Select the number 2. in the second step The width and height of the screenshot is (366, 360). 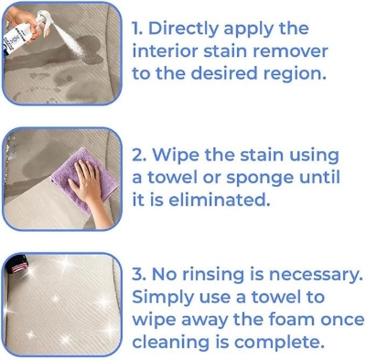tap(141, 155)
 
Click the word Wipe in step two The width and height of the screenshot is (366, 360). tap(187, 155)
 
